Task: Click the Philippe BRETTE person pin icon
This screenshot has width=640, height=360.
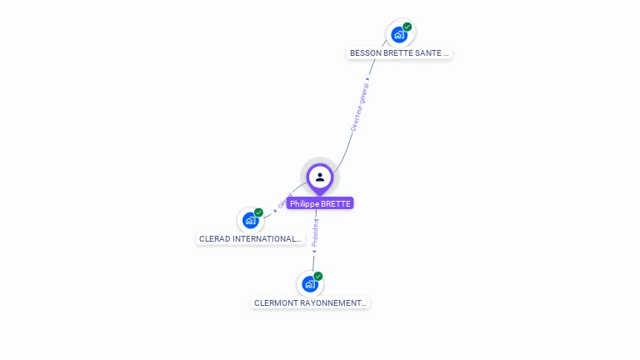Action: coord(320,177)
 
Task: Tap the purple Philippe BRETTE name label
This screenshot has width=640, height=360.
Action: coord(320,203)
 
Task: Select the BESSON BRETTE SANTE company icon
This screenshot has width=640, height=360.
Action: coord(399,35)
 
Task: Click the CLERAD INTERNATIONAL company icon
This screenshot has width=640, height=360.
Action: coord(250,220)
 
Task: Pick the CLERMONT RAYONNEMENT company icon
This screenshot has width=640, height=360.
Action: coord(310,284)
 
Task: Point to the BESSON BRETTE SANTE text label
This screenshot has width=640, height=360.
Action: coord(399,52)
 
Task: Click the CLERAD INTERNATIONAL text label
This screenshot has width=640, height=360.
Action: coord(250,238)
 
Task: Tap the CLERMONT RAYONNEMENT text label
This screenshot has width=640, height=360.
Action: coord(310,303)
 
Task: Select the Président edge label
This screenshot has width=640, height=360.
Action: coord(315,232)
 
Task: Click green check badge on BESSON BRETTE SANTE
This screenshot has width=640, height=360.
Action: coord(407,27)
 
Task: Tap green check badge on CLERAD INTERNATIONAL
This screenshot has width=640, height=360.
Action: coord(258,212)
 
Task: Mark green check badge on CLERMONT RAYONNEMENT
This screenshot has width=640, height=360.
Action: coord(318,277)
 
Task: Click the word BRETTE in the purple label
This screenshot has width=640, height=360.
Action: coord(335,203)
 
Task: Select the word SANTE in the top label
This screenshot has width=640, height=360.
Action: coord(426,52)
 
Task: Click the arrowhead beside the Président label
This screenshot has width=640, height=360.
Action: coord(314,250)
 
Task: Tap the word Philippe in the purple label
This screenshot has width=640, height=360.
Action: coord(305,203)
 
